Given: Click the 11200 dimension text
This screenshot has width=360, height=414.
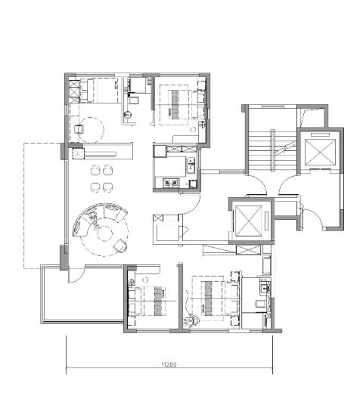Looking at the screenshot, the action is tap(169, 365).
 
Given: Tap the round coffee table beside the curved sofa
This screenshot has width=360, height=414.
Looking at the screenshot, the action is tap(104, 233).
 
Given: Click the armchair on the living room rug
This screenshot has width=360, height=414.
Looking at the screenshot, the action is tap(120, 246).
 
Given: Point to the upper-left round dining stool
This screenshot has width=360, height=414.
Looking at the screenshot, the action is tap(95, 170).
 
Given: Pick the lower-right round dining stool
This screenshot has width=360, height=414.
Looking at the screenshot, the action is tap(107, 187).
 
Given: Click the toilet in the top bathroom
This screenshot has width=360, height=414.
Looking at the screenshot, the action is tap(134, 100).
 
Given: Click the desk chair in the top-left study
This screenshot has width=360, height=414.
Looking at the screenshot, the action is tap(79, 129).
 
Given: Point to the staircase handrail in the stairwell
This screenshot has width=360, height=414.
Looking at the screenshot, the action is tap(272, 150).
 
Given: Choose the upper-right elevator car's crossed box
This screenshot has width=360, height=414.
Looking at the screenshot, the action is tap(320, 153).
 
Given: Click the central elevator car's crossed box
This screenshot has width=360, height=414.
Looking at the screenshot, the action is tap(248, 221).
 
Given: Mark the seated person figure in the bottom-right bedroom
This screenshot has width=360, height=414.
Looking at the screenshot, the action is tap(191, 321).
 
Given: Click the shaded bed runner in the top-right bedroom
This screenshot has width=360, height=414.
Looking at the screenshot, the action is tap(175, 104).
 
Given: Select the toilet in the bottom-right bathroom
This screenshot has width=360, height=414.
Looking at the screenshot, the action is tap(261, 304).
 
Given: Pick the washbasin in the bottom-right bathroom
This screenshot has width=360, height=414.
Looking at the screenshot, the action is tap(265, 287).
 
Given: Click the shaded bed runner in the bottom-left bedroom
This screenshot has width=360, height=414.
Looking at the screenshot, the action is tap(158, 301).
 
